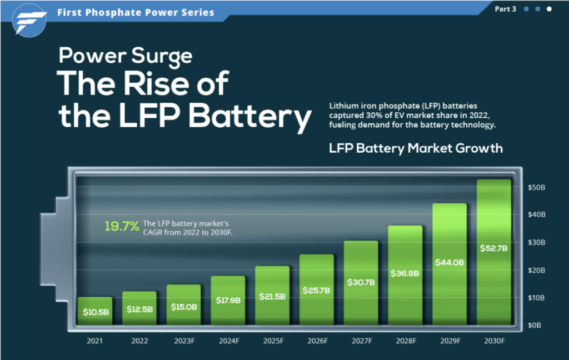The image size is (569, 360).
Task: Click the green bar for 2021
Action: tap(95, 311)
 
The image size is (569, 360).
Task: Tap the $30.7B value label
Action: tap(361, 282)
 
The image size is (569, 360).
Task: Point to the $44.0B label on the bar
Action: tap(450, 262)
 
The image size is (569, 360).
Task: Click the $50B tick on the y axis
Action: tap(536, 188)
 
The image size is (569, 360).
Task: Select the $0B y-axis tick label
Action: tap(535, 324)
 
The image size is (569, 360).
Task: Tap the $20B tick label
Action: tap(536, 270)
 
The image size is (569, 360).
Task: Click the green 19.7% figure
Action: tap(122, 226)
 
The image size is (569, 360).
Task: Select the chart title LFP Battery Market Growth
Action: tap(416, 148)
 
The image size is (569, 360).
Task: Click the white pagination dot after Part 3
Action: tap(549, 9)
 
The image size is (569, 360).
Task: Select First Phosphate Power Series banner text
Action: tap(136, 12)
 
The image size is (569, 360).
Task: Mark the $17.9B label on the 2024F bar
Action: tap(228, 300)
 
